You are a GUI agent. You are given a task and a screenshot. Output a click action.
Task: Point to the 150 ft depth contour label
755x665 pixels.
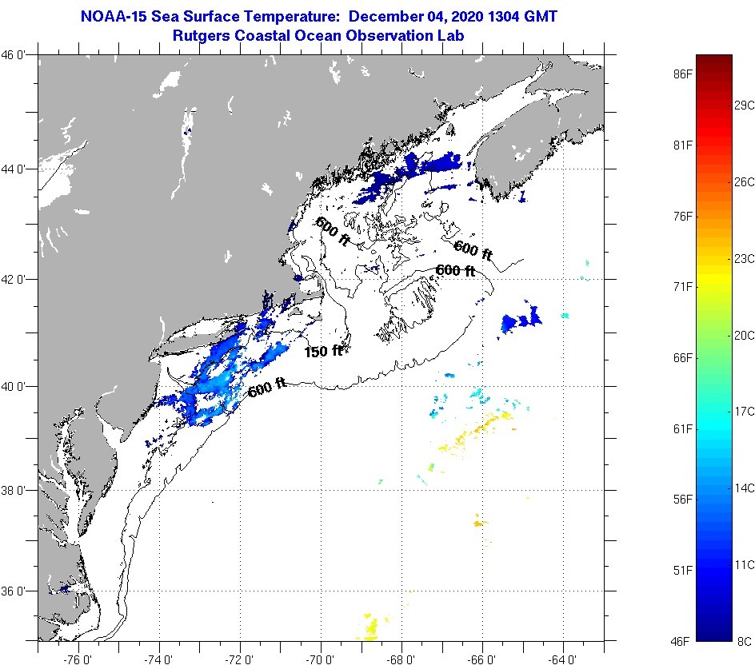tap(323, 351)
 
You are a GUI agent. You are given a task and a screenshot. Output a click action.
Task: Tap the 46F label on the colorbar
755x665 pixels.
tap(682, 641)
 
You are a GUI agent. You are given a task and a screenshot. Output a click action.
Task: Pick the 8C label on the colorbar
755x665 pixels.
tap(745, 641)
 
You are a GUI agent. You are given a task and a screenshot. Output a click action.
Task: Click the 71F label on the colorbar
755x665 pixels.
tap(682, 286)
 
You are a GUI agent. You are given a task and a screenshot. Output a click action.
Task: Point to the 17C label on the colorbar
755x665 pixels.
tap(745, 412)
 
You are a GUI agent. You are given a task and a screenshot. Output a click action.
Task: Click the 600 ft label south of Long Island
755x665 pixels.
tap(267, 388)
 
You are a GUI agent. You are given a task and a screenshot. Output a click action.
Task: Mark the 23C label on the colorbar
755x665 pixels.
tap(745, 258)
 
